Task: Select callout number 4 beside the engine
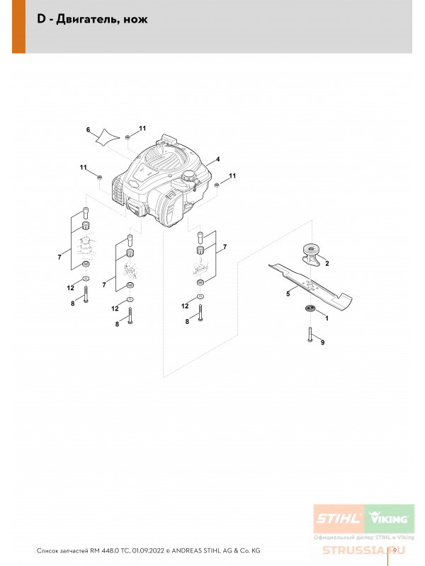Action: click(x=217, y=159)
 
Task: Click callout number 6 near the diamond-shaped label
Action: click(x=88, y=130)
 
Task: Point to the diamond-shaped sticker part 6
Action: click(x=107, y=138)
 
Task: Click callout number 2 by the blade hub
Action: click(x=327, y=263)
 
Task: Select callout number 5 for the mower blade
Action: click(x=288, y=294)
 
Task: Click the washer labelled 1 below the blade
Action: click(x=310, y=308)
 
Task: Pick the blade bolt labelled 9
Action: click(x=310, y=334)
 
